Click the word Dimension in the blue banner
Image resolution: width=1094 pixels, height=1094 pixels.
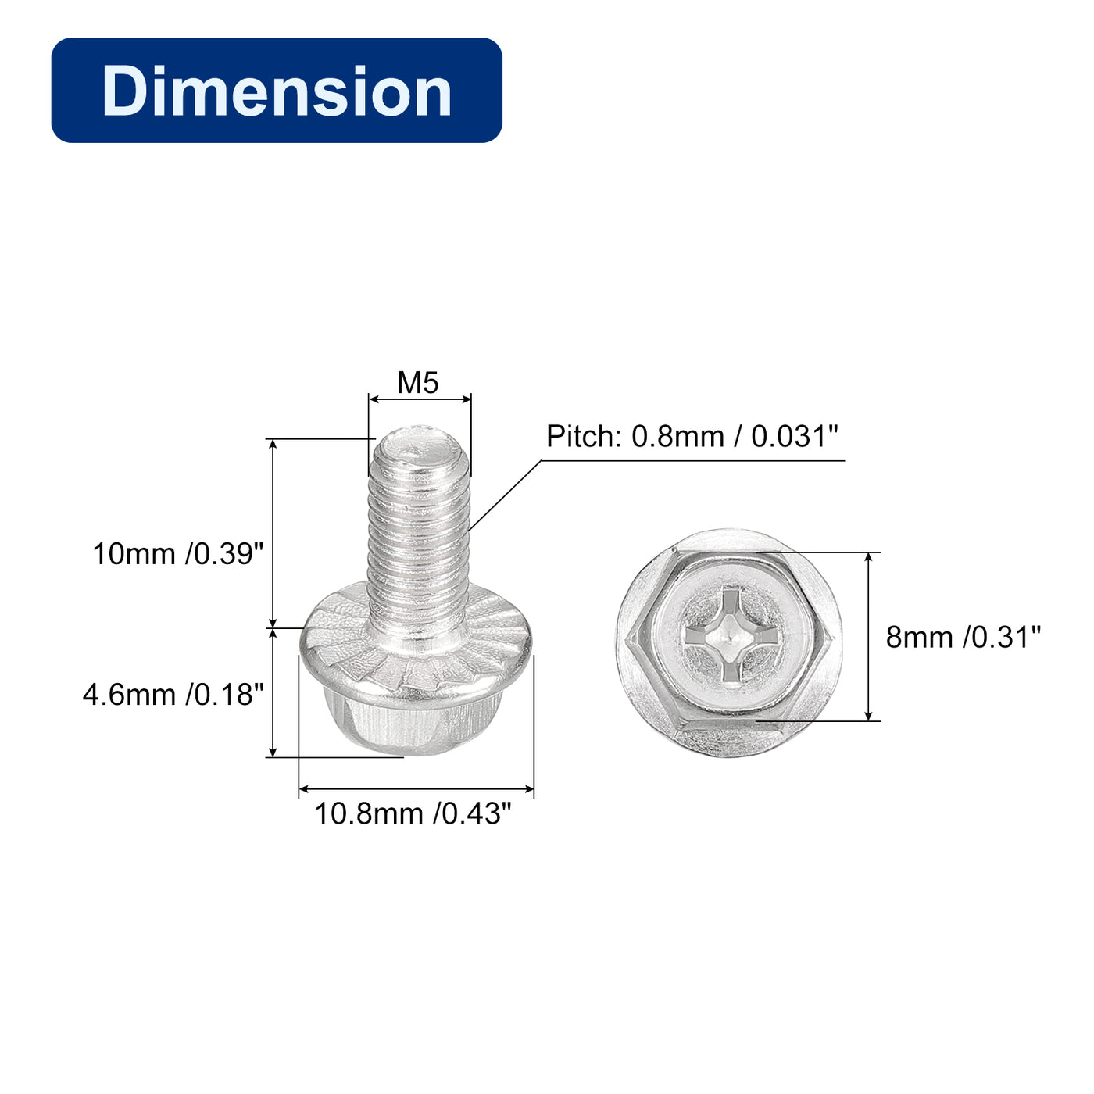(277, 91)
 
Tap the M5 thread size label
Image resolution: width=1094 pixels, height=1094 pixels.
(418, 383)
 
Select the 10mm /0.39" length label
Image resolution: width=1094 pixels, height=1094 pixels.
(178, 553)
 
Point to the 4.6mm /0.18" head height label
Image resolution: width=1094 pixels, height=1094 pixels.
(173, 695)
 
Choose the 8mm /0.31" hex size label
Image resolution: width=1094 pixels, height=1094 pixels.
(964, 637)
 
